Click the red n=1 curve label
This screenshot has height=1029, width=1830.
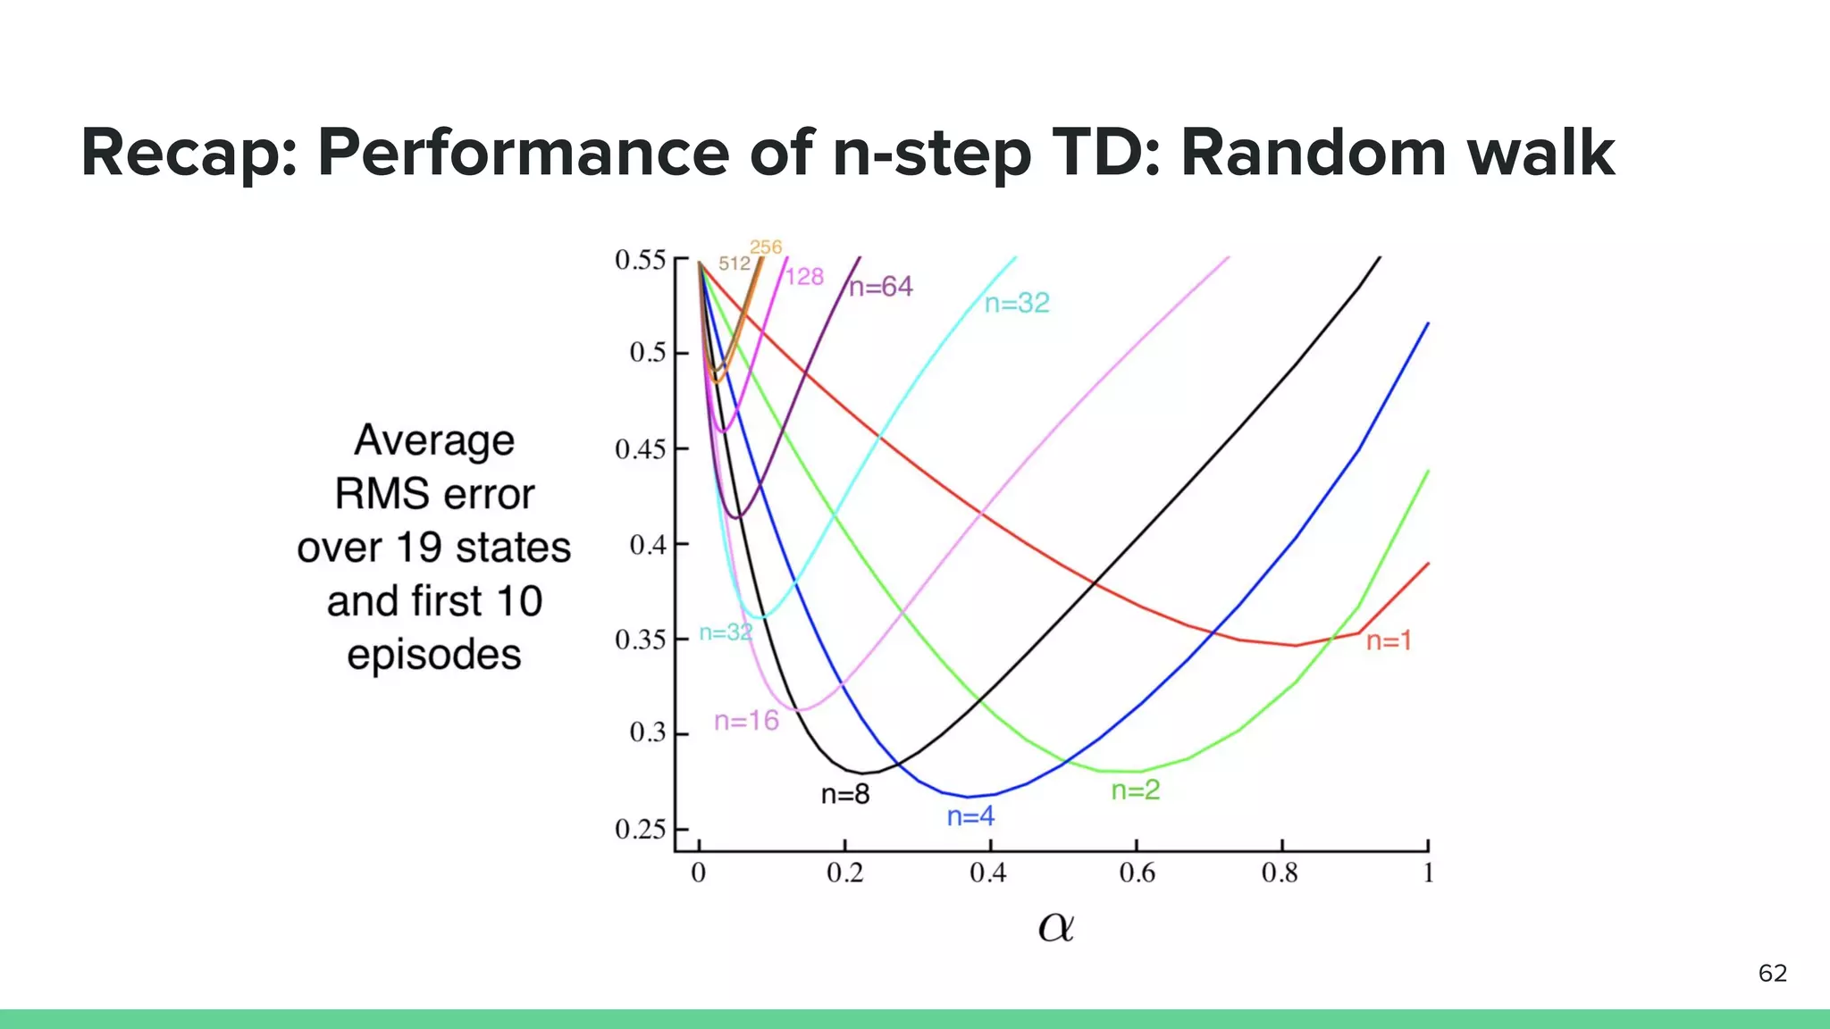(x=1389, y=640)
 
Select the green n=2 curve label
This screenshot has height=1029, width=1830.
(x=1135, y=790)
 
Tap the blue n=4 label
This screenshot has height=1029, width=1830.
(x=970, y=816)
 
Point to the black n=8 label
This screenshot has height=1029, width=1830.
(x=845, y=794)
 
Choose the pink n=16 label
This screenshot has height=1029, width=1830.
(x=746, y=721)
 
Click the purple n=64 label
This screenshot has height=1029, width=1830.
(x=881, y=287)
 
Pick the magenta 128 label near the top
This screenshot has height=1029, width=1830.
(x=804, y=277)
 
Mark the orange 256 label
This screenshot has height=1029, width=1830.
(x=766, y=247)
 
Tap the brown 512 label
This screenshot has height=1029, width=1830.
(x=735, y=264)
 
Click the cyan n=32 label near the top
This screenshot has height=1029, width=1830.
(x=1017, y=304)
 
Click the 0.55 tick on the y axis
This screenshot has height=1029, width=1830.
(x=641, y=260)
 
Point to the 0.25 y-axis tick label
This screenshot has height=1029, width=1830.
(x=641, y=830)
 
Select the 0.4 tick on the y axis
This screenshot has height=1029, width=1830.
(x=648, y=545)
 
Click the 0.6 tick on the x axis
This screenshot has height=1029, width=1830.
(x=1137, y=873)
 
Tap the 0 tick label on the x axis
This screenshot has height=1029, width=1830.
(x=699, y=873)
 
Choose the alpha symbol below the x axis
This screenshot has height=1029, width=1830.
(x=1055, y=927)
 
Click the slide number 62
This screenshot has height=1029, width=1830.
(x=1772, y=973)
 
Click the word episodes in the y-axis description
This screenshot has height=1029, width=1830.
(x=434, y=656)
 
